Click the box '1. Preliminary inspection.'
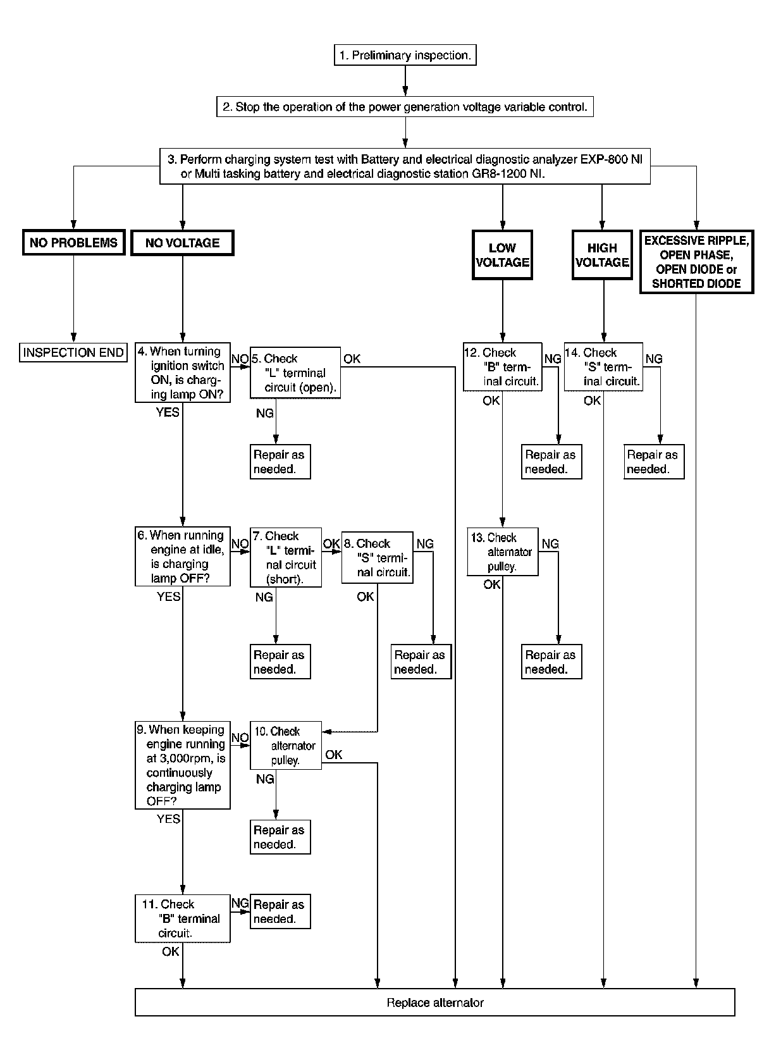click(405, 55)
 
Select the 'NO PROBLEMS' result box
click(73, 243)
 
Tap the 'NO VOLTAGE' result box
click(182, 243)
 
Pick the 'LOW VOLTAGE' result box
click(502, 255)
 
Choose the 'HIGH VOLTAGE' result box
click(602, 255)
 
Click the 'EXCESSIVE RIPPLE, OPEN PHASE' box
click(696, 262)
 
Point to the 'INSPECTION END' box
click(73, 352)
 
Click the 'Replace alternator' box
click(435, 1003)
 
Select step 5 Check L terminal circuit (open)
click(295, 373)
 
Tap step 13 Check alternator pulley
click(503, 552)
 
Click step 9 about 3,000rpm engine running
click(183, 765)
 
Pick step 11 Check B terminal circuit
click(183, 918)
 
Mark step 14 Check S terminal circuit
click(603, 367)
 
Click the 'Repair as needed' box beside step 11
click(280, 912)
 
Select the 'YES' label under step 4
click(168, 412)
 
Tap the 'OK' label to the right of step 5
click(352, 359)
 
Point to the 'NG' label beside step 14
click(653, 359)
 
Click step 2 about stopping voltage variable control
click(405, 107)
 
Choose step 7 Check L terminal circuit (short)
click(286, 558)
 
